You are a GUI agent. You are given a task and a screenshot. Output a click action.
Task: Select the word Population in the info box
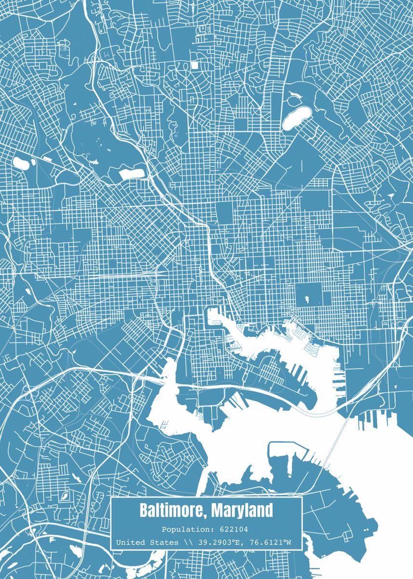pyautogui.click(x=180, y=529)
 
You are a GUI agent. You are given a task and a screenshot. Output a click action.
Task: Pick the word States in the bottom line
pyautogui.click(x=164, y=543)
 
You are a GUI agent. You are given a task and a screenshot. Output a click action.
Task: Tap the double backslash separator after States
pyautogui.click(x=187, y=543)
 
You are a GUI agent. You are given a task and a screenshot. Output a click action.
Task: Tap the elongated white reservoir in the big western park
pyautogui.click(x=131, y=173)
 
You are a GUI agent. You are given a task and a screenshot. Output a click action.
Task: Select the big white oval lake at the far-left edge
pyautogui.click(x=21, y=162)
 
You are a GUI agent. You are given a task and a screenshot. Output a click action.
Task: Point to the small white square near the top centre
pyautogui.click(x=195, y=64)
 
